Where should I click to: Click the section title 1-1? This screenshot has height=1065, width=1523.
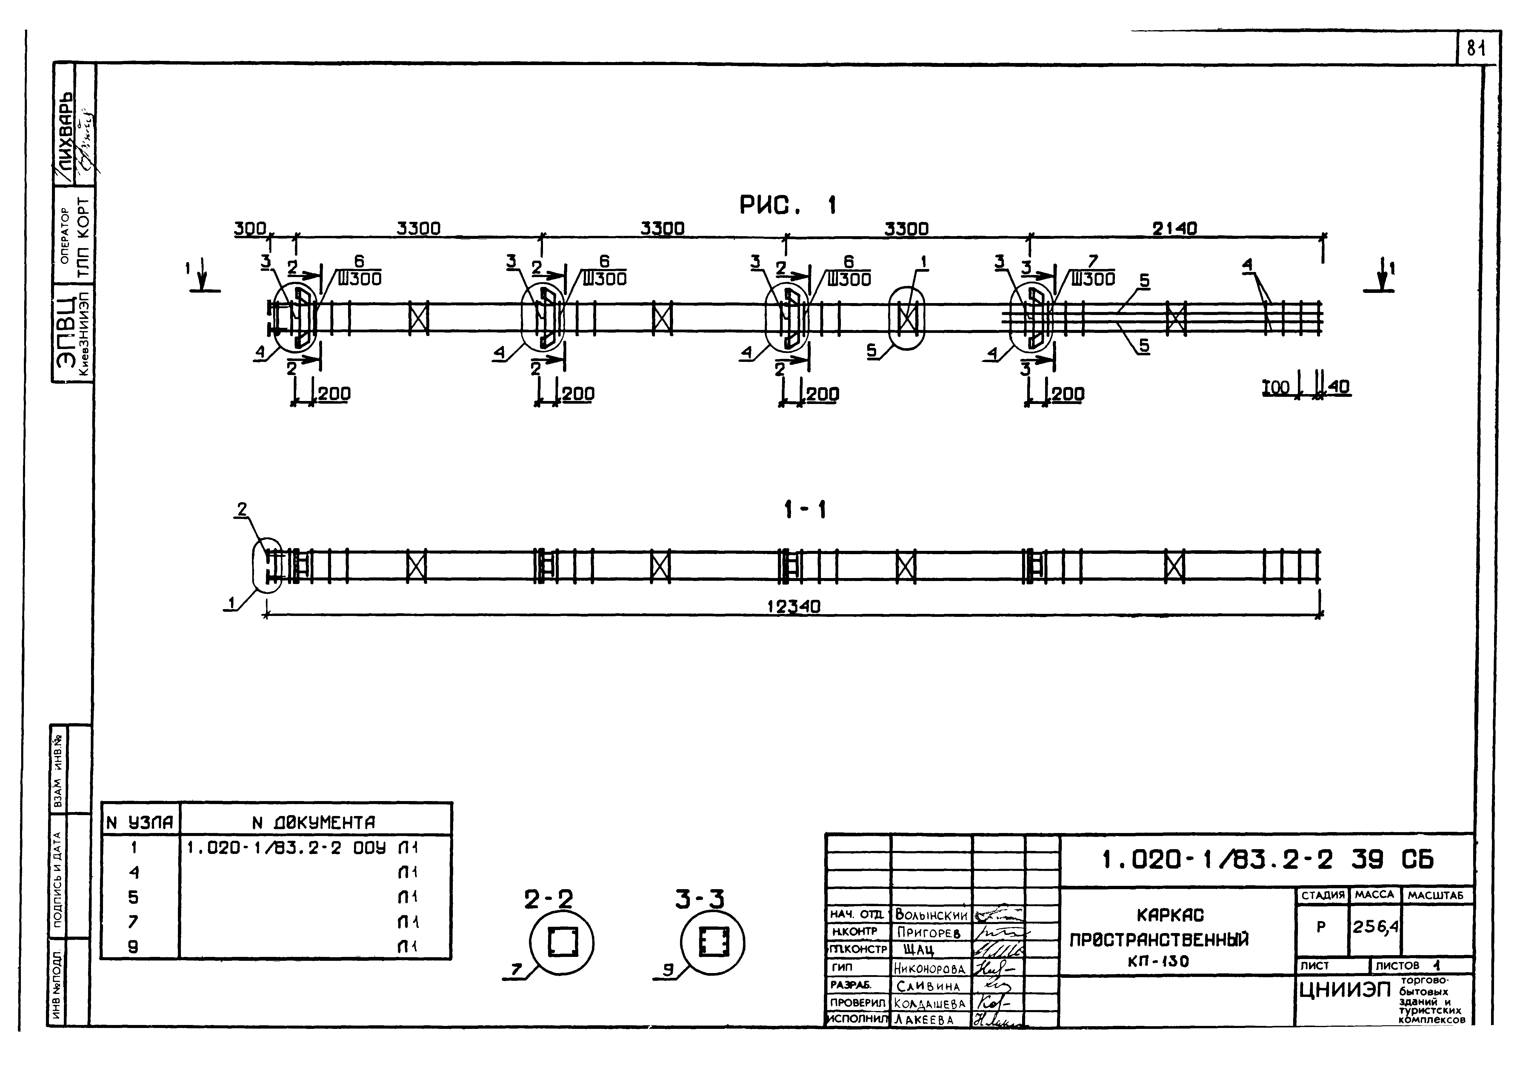(x=804, y=510)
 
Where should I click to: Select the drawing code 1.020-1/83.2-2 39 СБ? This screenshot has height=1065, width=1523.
(x=1267, y=860)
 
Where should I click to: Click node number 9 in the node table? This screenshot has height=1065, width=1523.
(x=133, y=947)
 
